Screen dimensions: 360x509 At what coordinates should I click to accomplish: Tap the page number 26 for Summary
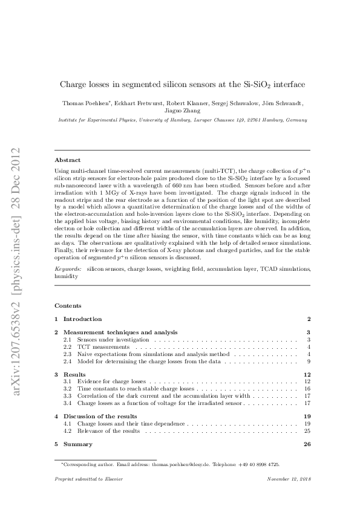pos(306,444)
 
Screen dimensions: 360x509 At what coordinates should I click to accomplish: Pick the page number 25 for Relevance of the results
pos(307,430)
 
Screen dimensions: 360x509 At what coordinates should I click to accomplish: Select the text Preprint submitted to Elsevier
pos(88,479)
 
